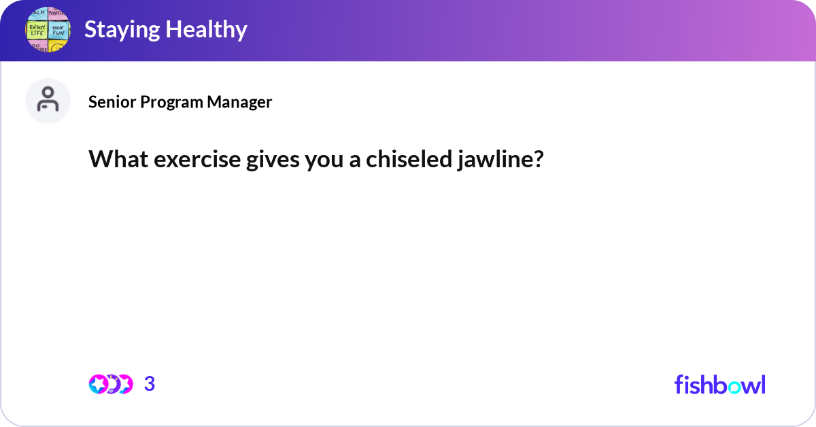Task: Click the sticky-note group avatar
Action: coord(48,31)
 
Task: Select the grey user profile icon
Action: coord(48,101)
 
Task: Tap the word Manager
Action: coord(240,102)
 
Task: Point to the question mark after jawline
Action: coord(539,159)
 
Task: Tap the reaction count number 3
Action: coord(150,384)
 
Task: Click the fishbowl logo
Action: coord(719,384)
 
